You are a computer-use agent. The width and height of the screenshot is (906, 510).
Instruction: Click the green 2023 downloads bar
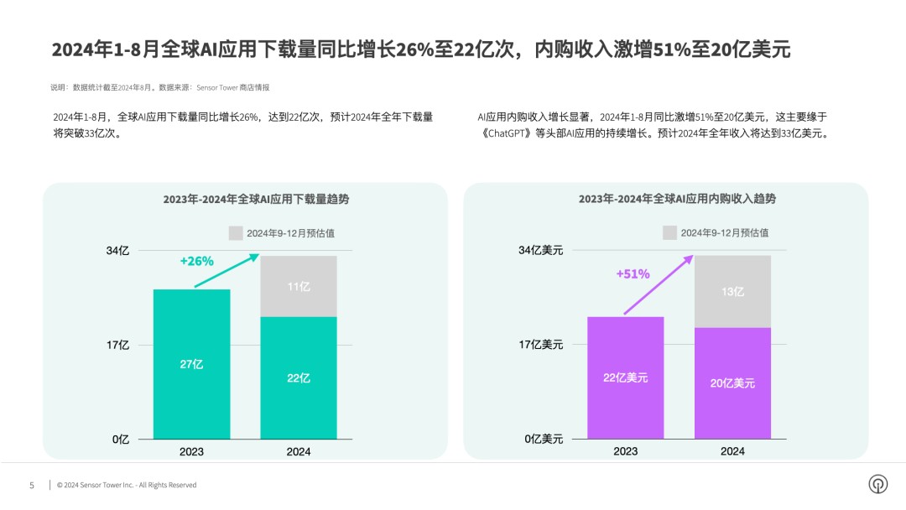(x=191, y=364)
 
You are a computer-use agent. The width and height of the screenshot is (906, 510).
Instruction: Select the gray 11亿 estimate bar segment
(x=299, y=286)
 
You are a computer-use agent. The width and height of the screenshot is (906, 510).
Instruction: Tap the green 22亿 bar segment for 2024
(x=299, y=377)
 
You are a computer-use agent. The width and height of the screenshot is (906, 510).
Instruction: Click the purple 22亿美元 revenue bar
(x=625, y=377)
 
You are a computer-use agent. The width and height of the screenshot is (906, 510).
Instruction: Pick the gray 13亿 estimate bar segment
(x=732, y=291)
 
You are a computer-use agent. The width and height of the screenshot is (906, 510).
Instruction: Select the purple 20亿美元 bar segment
(x=732, y=382)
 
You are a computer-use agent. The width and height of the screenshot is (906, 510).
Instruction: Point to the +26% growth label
(x=197, y=261)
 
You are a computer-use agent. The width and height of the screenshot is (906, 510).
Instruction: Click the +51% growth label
(x=633, y=273)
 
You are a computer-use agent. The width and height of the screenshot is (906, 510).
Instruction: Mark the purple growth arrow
(x=659, y=284)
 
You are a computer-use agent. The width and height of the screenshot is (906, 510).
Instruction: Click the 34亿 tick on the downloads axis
(x=118, y=250)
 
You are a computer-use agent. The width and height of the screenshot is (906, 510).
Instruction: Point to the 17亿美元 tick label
(x=540, y=344)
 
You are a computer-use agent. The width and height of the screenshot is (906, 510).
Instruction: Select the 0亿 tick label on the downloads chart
(x=121, y=439)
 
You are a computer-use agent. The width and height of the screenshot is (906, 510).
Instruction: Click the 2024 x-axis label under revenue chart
(x=732, y=451)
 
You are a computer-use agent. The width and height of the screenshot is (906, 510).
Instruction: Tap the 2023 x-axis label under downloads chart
(x=191, y=451)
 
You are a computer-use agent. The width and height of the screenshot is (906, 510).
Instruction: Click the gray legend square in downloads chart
(x=236, y=233)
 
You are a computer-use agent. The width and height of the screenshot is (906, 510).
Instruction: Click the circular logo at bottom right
(x=878, y=485)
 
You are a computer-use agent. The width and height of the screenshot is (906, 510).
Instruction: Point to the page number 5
(x=32, y=485)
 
